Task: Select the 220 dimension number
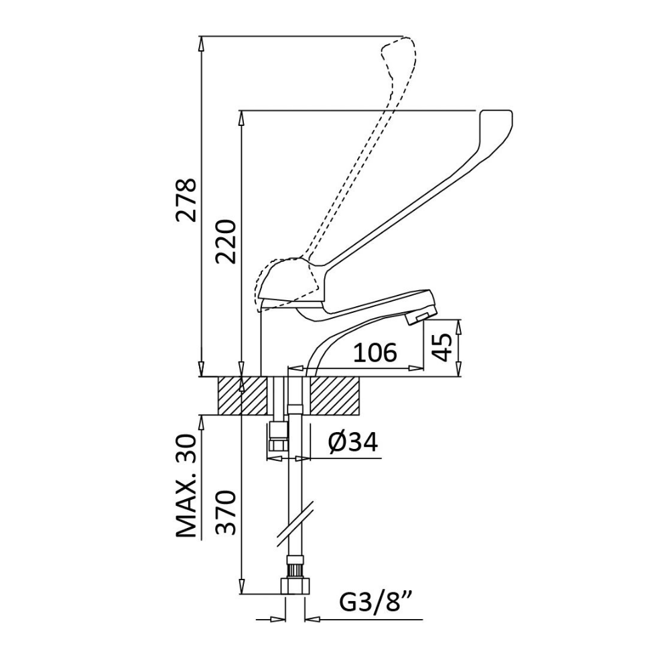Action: [226, 241]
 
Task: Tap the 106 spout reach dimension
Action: [376, 352]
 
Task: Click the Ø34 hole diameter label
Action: [353, 442]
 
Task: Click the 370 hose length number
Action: [226, 513]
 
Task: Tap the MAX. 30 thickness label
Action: [186, 486]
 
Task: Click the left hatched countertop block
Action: [243, 395]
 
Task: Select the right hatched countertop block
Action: [335, 395]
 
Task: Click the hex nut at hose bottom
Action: [295, 586]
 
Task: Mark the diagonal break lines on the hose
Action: [295, 523]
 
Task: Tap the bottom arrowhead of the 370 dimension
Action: [242, 586]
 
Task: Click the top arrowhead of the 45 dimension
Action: [459, 326]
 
